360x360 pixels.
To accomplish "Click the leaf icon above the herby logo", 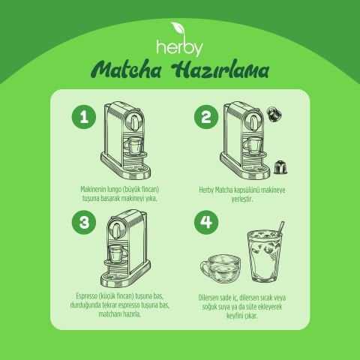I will coord(179,29).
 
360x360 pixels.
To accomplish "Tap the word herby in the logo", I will coord(179,46).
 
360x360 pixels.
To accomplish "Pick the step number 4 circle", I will coord(204,223).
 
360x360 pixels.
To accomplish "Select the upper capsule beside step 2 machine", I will coord(274,114).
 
